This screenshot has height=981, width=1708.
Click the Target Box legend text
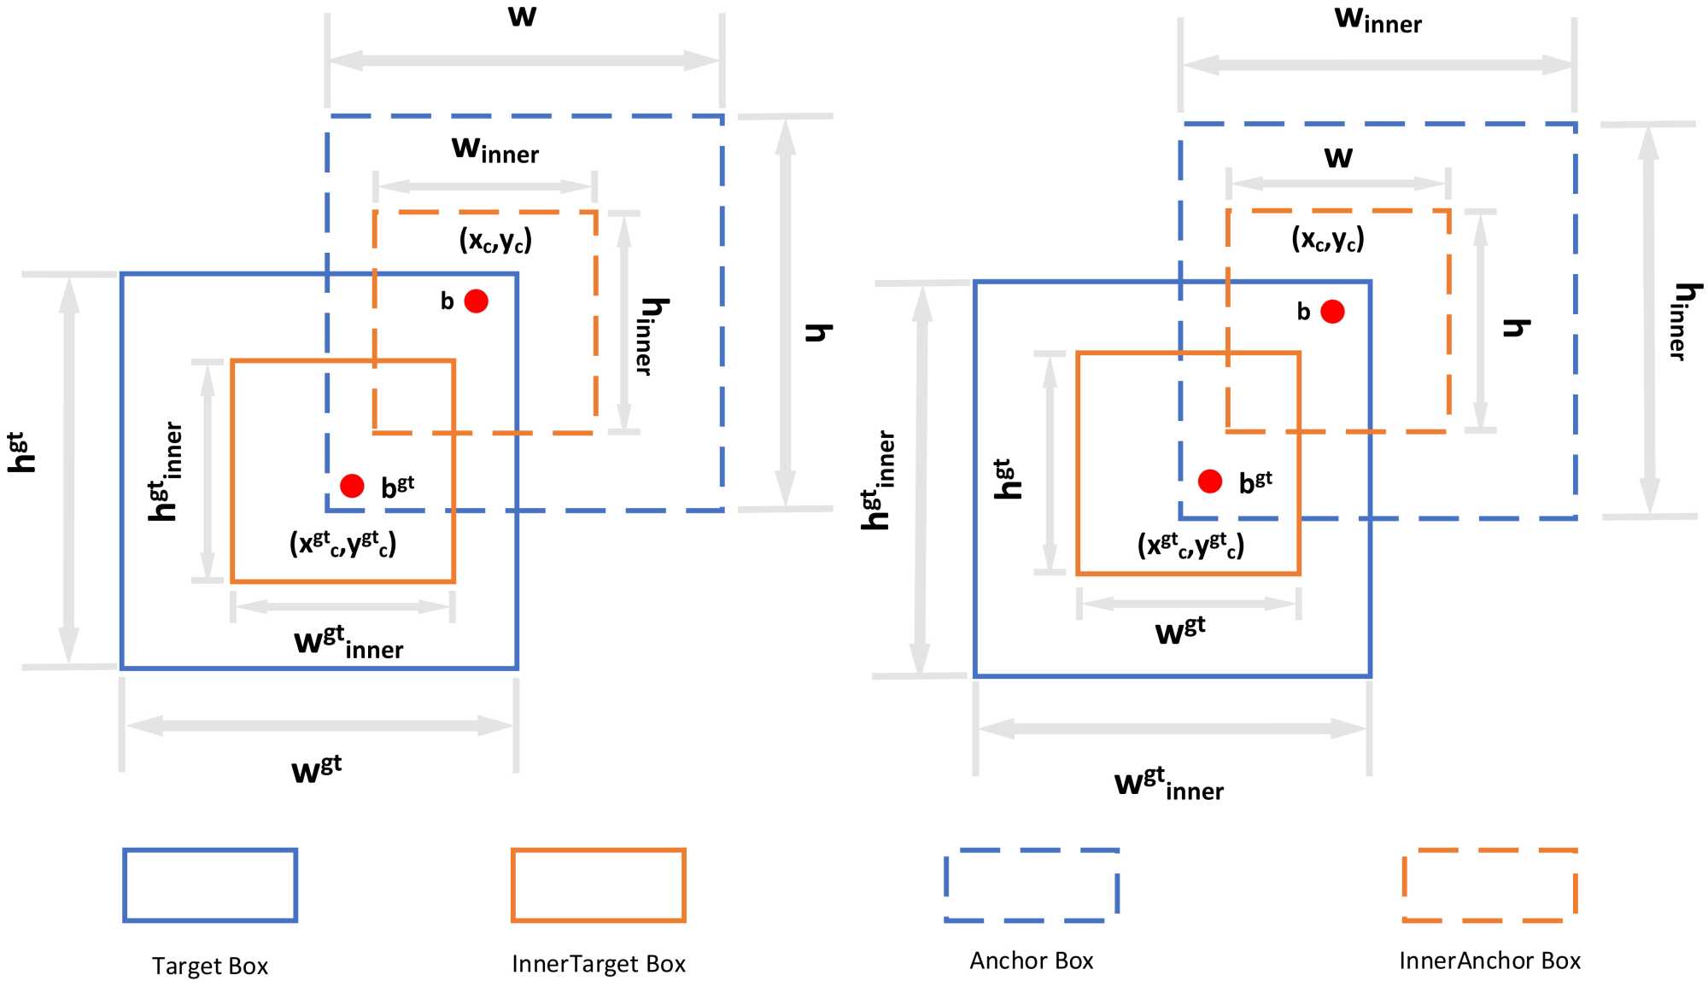[x=210, y=966]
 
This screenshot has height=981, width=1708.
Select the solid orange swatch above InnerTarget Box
[x=599, y=885]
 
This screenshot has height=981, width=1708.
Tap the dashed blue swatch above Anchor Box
[x=1032, y=885]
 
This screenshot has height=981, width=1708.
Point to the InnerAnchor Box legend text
[x=1489, y=961]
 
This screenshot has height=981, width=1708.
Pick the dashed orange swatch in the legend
[x=1489, y=885]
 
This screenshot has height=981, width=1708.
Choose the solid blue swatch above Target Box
[x=210, y=885]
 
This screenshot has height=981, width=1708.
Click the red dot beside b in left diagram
[x=476, y=301]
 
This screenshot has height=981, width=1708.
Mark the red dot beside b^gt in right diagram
[x=1209, y=482]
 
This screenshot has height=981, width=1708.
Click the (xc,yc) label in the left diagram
[x=495, y=240]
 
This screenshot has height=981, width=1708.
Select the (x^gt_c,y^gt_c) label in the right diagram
[x=1190, y=545]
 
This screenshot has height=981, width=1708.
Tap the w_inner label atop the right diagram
[x=1378, y=20]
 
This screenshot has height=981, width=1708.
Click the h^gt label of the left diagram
[x=20, y=453]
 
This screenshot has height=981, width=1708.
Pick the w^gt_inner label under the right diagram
[x=1168, y=784]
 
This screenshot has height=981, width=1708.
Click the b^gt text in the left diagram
[x=397, y=486]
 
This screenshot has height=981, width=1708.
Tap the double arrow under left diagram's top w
[x=524, y=61]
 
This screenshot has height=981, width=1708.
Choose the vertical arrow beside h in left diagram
[x=786, y=312]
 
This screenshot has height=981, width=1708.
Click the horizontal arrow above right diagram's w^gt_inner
[x=1172, y=728]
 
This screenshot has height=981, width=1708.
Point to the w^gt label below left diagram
[x=316, y=768]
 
